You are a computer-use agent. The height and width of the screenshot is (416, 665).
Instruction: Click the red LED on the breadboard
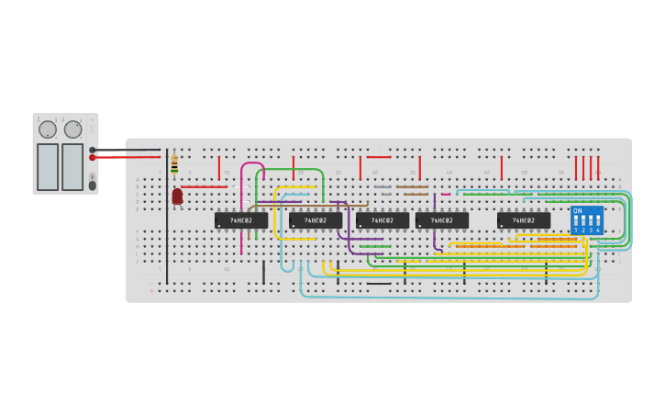(177, 196)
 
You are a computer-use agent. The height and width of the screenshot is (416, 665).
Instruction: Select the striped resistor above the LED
(174, 165)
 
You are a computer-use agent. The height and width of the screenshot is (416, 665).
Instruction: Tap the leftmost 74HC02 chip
(241, 220)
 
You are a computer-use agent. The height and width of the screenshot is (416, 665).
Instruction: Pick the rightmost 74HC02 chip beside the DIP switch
(524, 220)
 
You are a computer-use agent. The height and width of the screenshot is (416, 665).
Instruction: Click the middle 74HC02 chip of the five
(382, 220)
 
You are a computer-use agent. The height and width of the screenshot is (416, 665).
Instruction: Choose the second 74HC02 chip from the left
(316, 220)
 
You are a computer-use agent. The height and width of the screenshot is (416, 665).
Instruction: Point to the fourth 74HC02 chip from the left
(442, 220)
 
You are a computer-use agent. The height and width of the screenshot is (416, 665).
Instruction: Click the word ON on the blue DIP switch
(577, 210)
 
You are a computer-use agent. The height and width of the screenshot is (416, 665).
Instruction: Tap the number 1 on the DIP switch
(576, 230)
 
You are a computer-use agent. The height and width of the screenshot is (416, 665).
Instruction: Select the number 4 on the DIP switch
(597, 230)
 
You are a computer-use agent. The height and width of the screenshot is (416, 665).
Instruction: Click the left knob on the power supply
(48, 129)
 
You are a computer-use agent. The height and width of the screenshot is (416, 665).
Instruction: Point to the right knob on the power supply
(72, 129)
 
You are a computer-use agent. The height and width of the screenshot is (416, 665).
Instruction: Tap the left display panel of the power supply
(48, 166)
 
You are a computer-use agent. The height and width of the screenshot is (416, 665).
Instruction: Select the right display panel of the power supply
(72, 166)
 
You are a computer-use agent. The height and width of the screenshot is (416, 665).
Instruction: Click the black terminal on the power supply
(93, 150)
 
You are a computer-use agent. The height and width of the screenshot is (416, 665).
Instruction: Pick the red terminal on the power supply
(93, 157)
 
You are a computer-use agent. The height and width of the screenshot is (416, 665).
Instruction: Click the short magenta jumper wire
(446, 194)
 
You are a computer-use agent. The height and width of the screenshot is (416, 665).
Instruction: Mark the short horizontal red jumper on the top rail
(378, 157)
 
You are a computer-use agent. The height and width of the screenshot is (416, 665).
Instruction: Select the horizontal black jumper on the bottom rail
(378, 284)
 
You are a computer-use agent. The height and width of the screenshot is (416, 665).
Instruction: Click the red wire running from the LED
(204, 186)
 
